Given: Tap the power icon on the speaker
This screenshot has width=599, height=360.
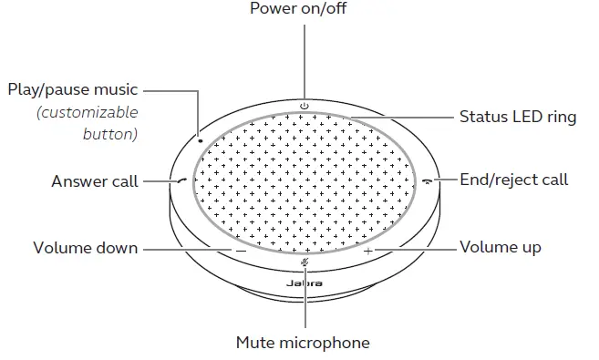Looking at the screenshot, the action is click(305, 107).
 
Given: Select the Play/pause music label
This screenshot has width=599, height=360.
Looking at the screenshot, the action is click(73, 90).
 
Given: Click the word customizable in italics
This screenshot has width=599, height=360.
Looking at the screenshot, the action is click(87, 113).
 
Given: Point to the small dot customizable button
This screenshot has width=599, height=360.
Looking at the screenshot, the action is click(200, 141).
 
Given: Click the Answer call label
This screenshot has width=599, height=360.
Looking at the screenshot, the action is click(95, 180).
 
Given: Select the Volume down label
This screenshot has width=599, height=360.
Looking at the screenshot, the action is click(86, 248).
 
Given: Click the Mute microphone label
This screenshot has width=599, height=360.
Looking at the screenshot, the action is click(303, 343).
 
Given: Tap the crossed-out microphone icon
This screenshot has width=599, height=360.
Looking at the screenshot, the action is click(305, 262).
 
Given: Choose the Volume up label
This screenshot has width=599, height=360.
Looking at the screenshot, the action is click(501, 248).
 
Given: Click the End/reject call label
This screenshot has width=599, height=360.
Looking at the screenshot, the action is click(514, 180).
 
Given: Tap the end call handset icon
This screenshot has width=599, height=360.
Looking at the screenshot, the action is click(428, 180).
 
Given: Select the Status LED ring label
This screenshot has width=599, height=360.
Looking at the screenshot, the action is click(517, 118).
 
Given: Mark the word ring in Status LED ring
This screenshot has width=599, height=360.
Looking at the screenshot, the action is click(563, 118).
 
